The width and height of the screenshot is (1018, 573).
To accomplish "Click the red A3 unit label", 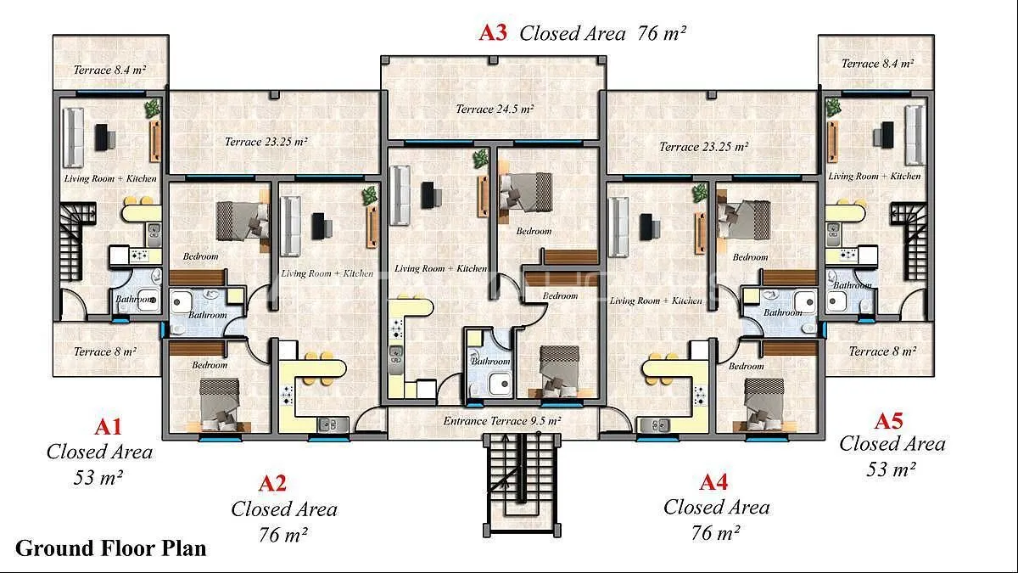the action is point(493,33).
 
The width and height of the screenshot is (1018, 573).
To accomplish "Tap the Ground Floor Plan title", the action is point(111,548).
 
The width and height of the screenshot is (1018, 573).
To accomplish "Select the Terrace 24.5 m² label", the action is point(495,110).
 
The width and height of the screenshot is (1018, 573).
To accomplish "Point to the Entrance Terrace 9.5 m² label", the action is point(501,421).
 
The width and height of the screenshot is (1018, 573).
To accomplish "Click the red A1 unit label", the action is point(109,427).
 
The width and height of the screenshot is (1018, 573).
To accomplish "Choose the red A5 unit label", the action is point(888,421).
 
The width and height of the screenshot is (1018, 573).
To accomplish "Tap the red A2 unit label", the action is point(272,483).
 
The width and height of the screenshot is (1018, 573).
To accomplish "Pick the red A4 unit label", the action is point(714,482).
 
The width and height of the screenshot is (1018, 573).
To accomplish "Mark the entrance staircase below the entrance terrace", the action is point(522,485).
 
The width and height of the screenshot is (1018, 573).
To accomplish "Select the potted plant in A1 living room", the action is point(152,110).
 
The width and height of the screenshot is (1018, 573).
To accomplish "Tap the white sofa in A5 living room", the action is point(915,135).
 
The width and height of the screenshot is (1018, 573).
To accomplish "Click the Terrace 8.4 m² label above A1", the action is point(109,70).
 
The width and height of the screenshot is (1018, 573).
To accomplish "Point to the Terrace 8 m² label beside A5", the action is point(882,351).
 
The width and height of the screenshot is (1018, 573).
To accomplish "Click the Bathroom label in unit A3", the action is point(490,361).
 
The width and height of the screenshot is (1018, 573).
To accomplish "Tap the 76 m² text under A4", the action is point(716,533).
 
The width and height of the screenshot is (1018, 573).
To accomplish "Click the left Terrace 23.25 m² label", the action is point(266,142).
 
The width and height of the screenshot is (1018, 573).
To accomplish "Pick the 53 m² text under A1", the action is point(98,477).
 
